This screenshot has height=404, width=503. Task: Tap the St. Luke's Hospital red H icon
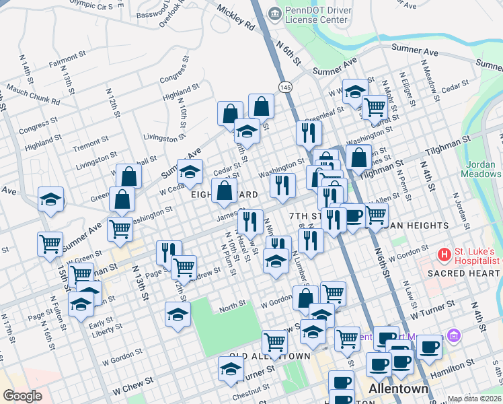click(x=444, y=255)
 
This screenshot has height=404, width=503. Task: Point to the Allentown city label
click(x=399, y=390)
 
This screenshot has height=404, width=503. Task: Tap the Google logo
click(x=22, y=396)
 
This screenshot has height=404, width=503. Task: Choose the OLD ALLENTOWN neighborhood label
click(x=270, y=356)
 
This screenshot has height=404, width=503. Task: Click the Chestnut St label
click(x=256, y=389)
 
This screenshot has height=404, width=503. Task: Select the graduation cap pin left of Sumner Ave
click(x=50, y=199)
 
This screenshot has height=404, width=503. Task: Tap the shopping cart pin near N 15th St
click(x=50, y=244)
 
